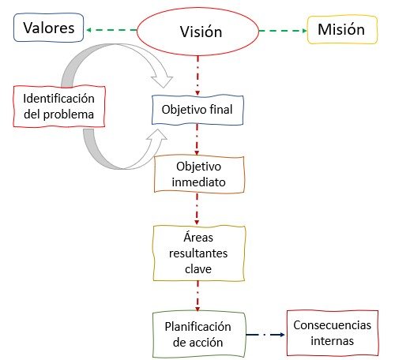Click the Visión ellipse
[x=197, y=32]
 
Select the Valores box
[x=49, y=28]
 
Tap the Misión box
[x=342, y=29]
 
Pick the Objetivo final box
[x=197, y=110]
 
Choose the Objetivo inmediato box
[x=199, y=174]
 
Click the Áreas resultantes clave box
[x=199, y=253]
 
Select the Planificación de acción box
[x=199, y=335]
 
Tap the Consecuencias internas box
[x=333, y=333]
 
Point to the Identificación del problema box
[x=59, y=107]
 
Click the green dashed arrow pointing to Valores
[x=111, y=30]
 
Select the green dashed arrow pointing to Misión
[x=283, y=31]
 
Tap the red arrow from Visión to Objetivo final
[x=197, y=76]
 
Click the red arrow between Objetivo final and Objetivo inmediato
[x=197, y=140]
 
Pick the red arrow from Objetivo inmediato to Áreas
[x=197, y=209]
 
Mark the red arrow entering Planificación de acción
[x=197, y=296]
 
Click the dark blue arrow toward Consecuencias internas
[x=265, y=335]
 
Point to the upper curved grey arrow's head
[x=162, y=81]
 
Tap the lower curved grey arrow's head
[x=157, y=136]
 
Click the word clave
[x=198, y=269]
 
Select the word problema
[x=69, y=114]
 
